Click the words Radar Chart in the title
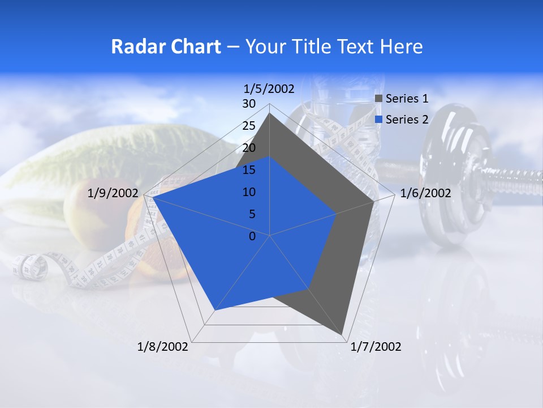tap(166, 46)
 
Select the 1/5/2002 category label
tap(269, 89)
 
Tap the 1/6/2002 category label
tap(425, 193)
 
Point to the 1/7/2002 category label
tap(376, 346)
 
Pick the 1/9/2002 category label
tap(113, 193)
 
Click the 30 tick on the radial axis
tap(249, 104)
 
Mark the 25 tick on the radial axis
tap(249, 126)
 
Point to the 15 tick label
tap(249, 170)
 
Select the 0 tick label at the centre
tap(252, 236)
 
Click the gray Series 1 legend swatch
tap(379, 99)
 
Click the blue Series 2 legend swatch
tap(379, 120)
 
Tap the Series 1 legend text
tap(407, 99)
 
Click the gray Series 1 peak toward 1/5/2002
tap(270, 113)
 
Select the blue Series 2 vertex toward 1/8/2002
tap(214, 311)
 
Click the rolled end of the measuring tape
tap(31, 267)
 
